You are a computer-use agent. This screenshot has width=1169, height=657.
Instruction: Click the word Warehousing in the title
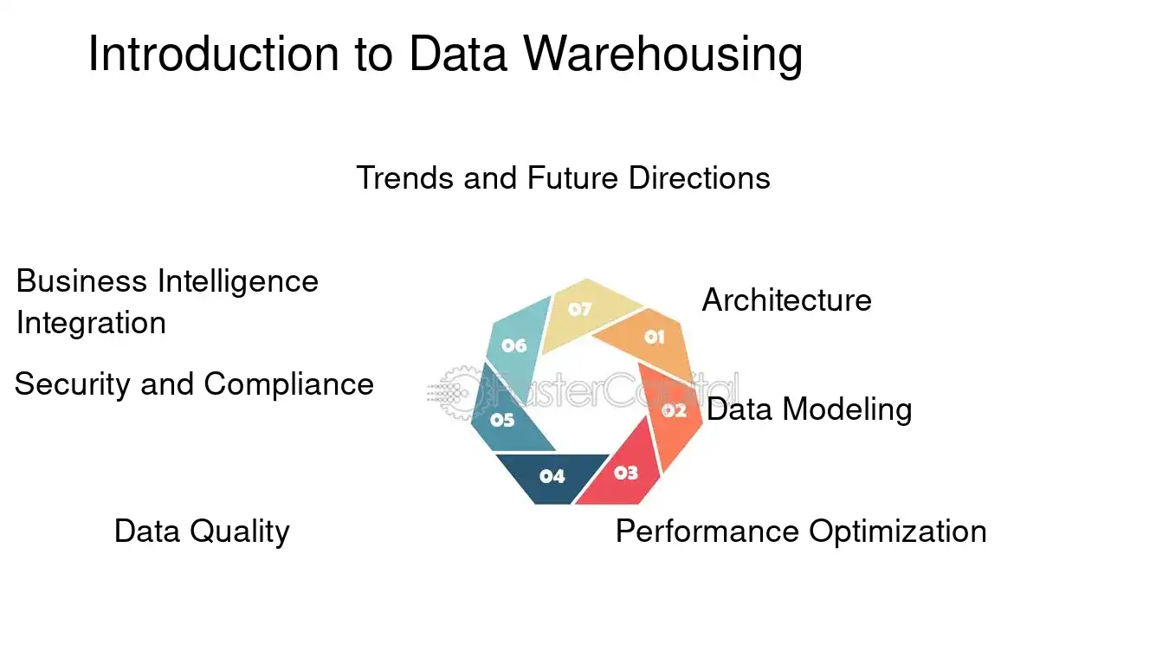pyautogui.click(x=663, y=55)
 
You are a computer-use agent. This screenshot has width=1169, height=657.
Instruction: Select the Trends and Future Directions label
pyautogui.click(x=563, y=178)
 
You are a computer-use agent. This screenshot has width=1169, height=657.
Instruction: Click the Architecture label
pyautogui.click(x=786, y=300)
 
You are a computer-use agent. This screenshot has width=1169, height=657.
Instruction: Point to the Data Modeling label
pyautogui.click(x=809, y=409)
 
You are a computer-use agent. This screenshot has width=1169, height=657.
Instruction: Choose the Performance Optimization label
pyautogui.click(x=800, y=531)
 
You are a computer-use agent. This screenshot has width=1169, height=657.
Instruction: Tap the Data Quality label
pyautogui.click(x=202, y=531)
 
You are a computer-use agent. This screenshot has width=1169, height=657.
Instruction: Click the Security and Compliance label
pyautogui.click(x=194, y=383)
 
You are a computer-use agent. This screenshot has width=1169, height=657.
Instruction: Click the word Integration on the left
pyautogui.click(x=91, y=323)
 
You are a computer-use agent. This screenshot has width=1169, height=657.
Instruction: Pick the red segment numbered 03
pyautogui.click(x=623, y=473)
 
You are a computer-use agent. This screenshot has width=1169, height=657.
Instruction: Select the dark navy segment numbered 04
pyautogui.click(x=551, y=475)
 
